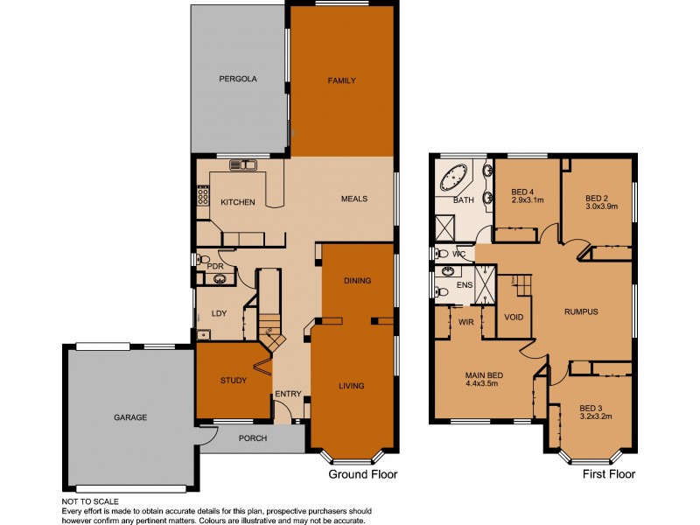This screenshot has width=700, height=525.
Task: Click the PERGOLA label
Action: tap(237, 79)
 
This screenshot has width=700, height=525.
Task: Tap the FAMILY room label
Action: tap(341, 80)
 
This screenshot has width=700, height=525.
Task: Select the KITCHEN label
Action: tap(237, 202)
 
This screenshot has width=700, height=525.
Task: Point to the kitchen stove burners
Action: tap(203, 196)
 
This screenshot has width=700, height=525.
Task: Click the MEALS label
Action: tap(353, 199)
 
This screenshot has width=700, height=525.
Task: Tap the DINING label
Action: tap(357, 281)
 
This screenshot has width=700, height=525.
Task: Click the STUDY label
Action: tap(233, 381)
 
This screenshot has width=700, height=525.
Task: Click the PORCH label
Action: tap(253, 438)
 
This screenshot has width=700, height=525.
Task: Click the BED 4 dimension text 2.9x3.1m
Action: tap(527, 199)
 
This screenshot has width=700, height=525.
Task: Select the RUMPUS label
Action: tap(581, 311)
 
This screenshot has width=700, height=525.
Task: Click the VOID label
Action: tap(514, 317)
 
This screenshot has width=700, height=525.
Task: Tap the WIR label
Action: tap(465, 322)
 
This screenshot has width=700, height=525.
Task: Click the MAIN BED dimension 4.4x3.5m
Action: tap(481, 382)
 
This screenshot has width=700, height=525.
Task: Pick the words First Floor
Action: tap(609, 474)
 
